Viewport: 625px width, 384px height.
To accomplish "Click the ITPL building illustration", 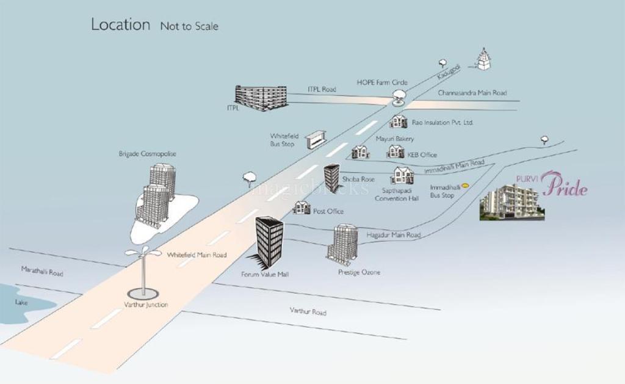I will (x=261, y=98).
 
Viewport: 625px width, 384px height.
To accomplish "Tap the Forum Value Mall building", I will (x=269, y=241).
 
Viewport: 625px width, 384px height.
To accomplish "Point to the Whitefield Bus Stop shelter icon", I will (x=316, y=139).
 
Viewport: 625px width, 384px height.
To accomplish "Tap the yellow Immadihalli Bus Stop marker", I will (x=465, y=186).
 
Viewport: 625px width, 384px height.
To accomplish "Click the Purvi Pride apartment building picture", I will (x=511, y=202).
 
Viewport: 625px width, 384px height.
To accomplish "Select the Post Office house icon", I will (x=302, y=208).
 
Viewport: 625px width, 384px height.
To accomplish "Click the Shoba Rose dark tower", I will (x=331, y=176).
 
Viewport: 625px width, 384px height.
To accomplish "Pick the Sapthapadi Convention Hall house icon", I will (x=402, y=176).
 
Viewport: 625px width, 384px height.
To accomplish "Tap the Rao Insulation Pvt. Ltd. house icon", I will (x=399, y=121).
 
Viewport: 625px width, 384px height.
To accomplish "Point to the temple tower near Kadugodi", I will (x=484, y=60).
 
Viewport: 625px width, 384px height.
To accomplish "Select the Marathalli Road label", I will (x=42, y=272).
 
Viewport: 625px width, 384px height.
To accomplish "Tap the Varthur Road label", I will (x=308, y=311).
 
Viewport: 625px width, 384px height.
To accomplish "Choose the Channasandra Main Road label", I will (x=472, y=93).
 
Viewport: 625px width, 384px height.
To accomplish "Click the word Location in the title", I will (x=120, y=24).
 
